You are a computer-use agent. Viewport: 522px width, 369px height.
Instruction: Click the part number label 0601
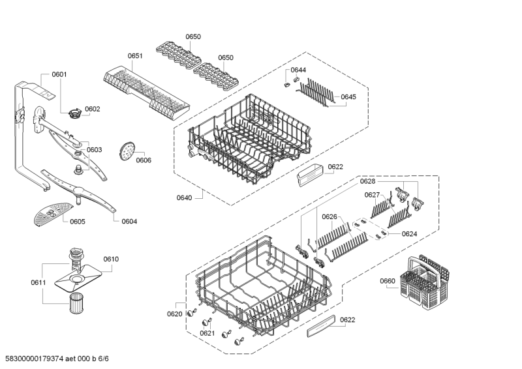point(59,74)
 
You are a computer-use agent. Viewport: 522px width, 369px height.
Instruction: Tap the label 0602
point(93,109)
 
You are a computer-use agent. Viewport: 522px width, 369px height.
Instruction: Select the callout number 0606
point(144,160)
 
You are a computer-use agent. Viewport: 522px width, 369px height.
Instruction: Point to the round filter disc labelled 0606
point(126,151)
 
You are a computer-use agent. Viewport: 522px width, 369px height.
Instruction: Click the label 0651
point(135,57)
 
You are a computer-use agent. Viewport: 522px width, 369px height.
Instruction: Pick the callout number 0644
point(298,70)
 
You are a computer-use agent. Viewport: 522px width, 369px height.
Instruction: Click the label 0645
point(348,96)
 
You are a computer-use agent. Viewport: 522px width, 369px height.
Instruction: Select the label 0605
point(78,222)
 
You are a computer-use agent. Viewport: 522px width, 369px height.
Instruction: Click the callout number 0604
point(129,221)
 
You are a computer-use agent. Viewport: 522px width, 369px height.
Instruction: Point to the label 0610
point(111,259)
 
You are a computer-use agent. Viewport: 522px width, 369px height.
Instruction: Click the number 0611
point(38,282)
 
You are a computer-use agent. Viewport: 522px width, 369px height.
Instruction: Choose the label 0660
point(388,281)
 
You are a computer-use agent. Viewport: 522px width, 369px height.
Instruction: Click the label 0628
point(367,181)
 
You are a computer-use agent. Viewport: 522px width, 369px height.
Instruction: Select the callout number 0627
point(372,195)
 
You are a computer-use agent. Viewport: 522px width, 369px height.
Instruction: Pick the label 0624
point(409,233)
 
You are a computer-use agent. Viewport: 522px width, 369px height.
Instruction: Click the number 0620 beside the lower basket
point(174,314)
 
